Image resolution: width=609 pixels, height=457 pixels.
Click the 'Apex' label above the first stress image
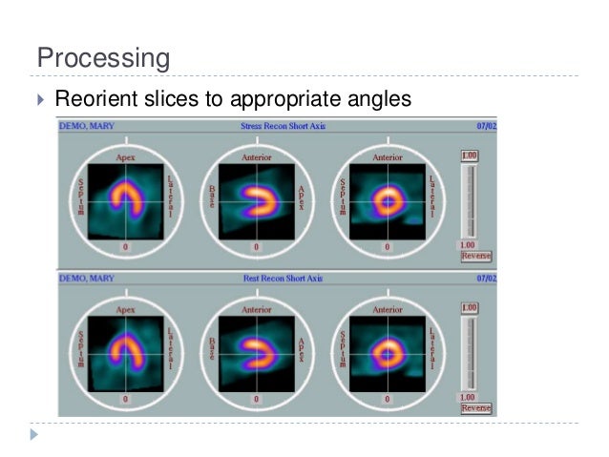pyautogui.click(x=126, y=157)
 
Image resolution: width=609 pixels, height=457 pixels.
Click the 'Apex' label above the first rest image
pyautogui.click(x=126, y=310)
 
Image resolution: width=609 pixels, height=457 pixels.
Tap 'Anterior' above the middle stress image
pyautogui.click(x=256, y=157)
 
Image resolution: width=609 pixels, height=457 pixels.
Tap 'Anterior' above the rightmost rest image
pyautogui.click(x=388, y=310)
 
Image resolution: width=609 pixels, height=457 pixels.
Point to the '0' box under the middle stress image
pyautogui.click(x=256, y=247)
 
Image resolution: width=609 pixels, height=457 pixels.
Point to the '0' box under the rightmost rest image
pyautogui.click(x=387, y=400)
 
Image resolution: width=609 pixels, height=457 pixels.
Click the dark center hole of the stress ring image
pyautogui.click(x=388, y=202)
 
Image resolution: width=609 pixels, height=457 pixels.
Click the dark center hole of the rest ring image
pyautogui.click(x=388, y=355)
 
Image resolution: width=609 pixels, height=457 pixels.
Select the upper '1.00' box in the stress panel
pyautogui.click(x=470, y=156)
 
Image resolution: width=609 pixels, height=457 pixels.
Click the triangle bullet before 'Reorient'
pyautogui.click(x=39, y=98)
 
